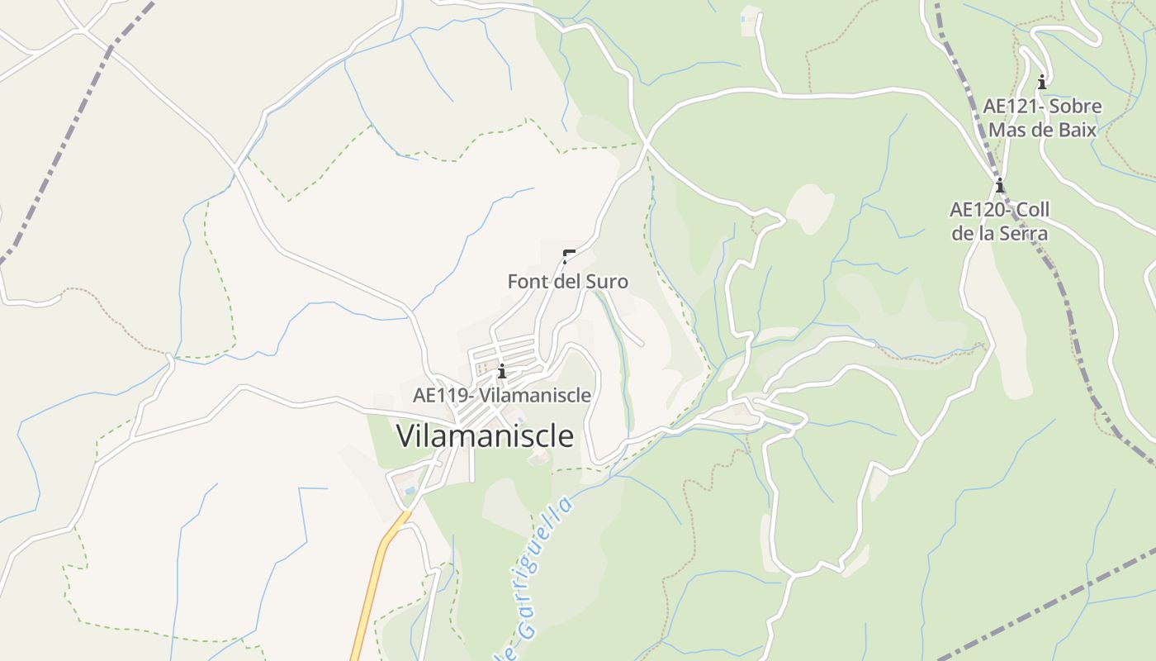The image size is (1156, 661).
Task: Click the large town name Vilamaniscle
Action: coord(486,435)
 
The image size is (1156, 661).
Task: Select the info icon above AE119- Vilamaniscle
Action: coord(501,371)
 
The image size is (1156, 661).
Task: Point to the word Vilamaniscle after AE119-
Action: coord(535,395)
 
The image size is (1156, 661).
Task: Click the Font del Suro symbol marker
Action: coord(568,255)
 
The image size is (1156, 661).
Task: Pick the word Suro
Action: coord(606,282)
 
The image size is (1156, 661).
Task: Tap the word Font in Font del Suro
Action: coord(525,282)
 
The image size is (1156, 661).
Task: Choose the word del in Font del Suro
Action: coord(564,282)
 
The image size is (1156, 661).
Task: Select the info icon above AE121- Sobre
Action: coord(1042,82)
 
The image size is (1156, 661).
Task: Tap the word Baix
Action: coord(1077,130)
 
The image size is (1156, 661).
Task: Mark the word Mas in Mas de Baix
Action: coord(1006,130)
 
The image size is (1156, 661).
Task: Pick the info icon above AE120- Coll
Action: coord(999,184)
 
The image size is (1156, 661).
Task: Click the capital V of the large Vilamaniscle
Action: coord(408,435)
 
